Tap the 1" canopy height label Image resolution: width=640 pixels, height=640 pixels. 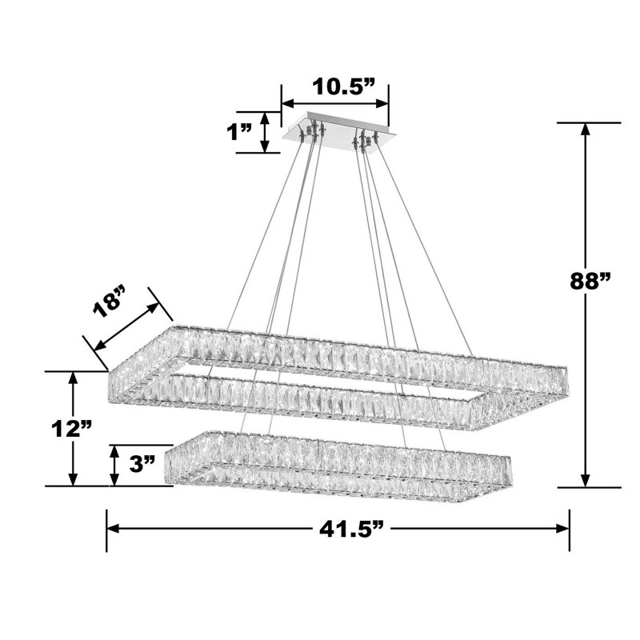tap(239, 131)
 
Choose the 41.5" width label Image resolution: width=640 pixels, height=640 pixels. tap(338, 528)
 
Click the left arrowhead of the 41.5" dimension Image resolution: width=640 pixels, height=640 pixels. tap(113, 529)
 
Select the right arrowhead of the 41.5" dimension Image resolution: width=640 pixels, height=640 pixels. tap(563, 529)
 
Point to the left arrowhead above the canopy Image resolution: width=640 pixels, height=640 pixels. tap(286, 104)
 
